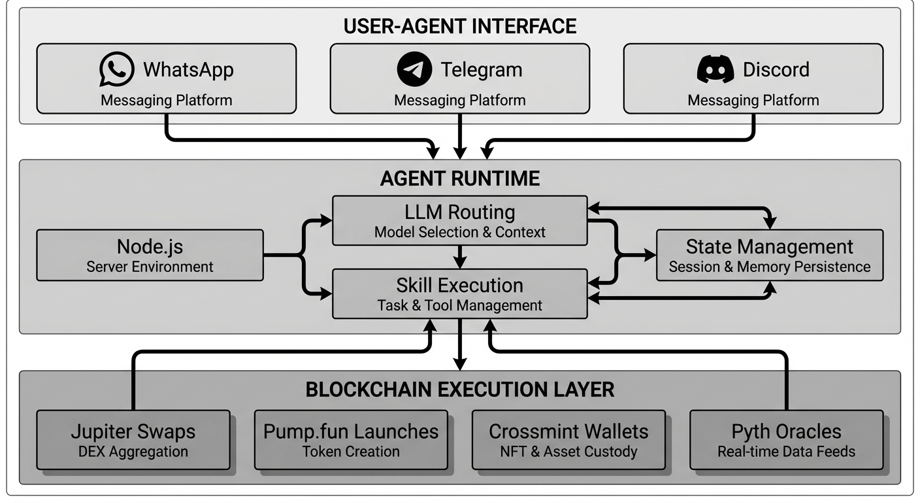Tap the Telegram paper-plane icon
click(x=414, y=69)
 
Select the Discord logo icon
click(x=715, y=69)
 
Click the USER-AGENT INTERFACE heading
click(x=460, y=26)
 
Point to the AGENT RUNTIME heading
click(x=460, y=178)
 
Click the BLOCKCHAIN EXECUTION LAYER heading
click(x=460, y=390)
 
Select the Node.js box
click(x=150, y=255)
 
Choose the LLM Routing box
click(x=460, y=221)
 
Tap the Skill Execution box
click(x=460, y=294)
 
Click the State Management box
click(x=769, y=255)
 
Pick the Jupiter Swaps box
click(x=133, y=440)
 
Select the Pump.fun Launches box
click(x=351, y=440)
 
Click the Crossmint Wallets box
click(x=568, y=440)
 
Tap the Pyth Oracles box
click(x=786, y=440)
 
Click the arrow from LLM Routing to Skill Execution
click(x=461, y=256)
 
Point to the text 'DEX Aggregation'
click(x=133, y=452)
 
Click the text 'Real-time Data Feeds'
click(x=786, y=452)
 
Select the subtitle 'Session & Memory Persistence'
click(x=769, y=267)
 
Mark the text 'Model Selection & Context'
click(x=460, y=232)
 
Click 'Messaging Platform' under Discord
click(x=753, y=100)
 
